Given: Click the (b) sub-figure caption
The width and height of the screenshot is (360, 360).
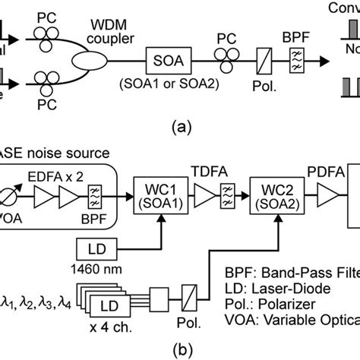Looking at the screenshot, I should pyautogui.click(x=180, y=351).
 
